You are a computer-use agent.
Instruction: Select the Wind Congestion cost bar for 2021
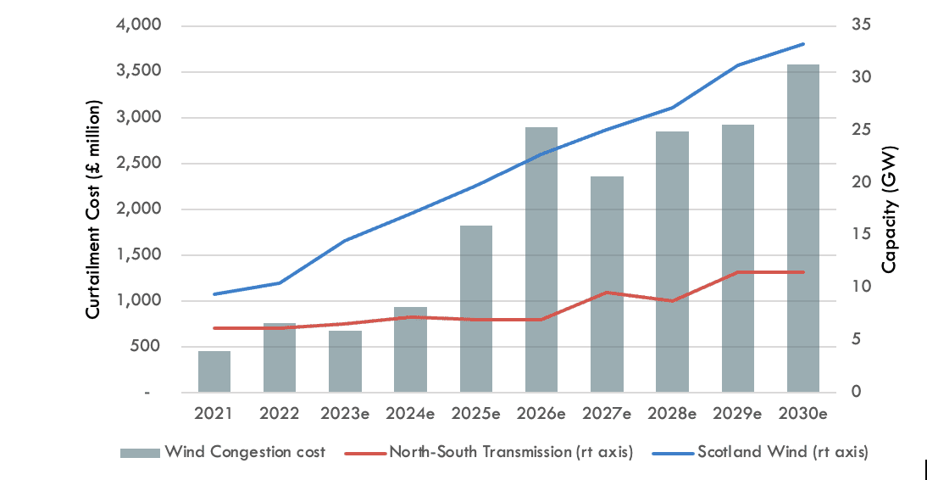click(214, 371)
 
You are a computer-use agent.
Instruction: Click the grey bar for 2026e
click(541, 260)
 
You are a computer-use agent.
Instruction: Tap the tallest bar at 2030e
click(802, 228)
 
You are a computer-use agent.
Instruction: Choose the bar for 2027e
click(607, 284)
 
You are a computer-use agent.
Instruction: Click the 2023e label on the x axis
click(345, 414)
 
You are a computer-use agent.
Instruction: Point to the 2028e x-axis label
click(672, 414)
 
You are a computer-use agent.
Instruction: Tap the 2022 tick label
click(280, 414)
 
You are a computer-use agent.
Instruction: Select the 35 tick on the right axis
click(861, 26)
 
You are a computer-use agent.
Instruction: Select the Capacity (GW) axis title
click(889, 209)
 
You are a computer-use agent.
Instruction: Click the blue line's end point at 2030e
click(802, 43)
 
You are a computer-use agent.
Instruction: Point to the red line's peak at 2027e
click(607, 293)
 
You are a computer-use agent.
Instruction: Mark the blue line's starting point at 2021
click(214, 294)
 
